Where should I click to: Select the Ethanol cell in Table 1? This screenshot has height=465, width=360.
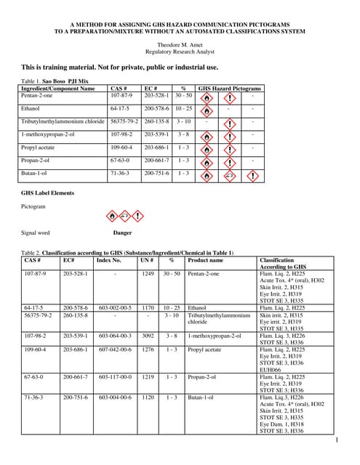(x=31, y=108)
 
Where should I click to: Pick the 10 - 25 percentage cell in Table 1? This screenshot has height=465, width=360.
(x=183, y=108)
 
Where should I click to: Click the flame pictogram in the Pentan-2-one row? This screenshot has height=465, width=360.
(x=207, y=97)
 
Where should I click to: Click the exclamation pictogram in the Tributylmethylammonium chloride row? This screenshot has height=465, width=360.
(x=229, y=124)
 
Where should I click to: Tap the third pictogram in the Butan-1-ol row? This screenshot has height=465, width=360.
(x=253, y=176)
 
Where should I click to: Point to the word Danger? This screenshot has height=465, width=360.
(x=122, y=233)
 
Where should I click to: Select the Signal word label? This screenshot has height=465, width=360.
(x=36, y=233)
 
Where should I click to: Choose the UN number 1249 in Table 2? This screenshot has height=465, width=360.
(x=148, y=275)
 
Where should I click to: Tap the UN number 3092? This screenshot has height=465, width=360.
(x=148, y=336)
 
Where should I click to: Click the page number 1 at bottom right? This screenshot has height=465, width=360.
(x=337, y=440)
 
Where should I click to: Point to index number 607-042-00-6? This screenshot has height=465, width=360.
(x=115, y=349)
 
